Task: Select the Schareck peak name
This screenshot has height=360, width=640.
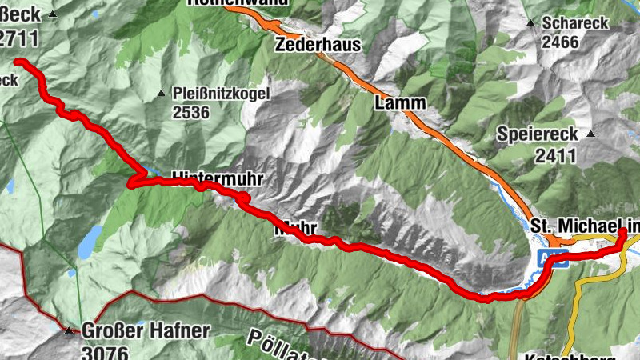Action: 574,23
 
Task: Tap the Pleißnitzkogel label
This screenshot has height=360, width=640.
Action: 222,94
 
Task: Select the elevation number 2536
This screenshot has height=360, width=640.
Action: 190,113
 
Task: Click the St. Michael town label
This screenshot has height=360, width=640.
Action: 584,228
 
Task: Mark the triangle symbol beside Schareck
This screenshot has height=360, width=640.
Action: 530,22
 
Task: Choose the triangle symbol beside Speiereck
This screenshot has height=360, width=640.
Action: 591,134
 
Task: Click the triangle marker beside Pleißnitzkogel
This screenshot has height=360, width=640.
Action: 161,93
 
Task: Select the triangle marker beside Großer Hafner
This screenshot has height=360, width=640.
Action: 69,330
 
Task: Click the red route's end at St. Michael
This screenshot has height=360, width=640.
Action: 623,232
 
